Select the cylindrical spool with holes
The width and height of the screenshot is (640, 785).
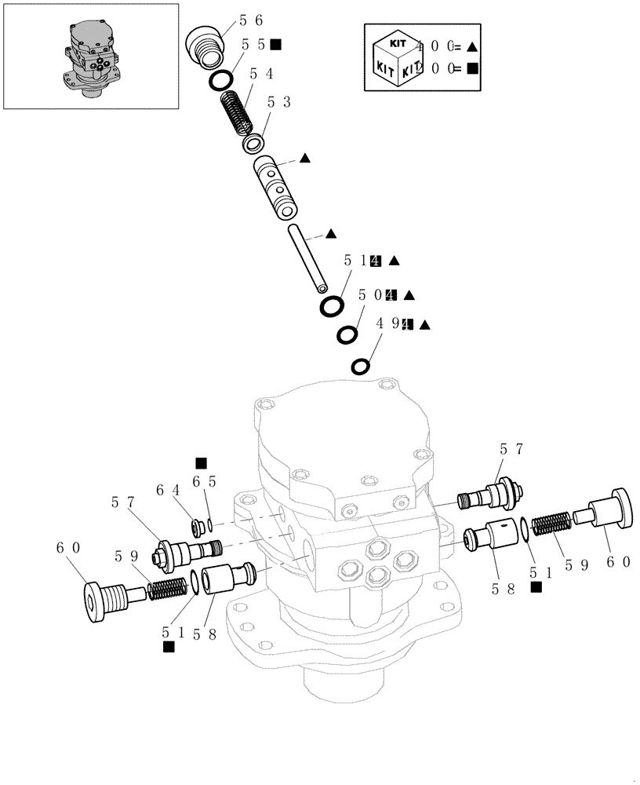(275, 186)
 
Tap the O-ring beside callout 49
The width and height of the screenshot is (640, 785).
(361, 367)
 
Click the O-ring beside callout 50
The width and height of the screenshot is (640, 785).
(347, 335)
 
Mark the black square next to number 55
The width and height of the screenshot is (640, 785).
(275, 45)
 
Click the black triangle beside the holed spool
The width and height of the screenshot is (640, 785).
(305, 158)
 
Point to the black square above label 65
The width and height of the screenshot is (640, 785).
(202, 462)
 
